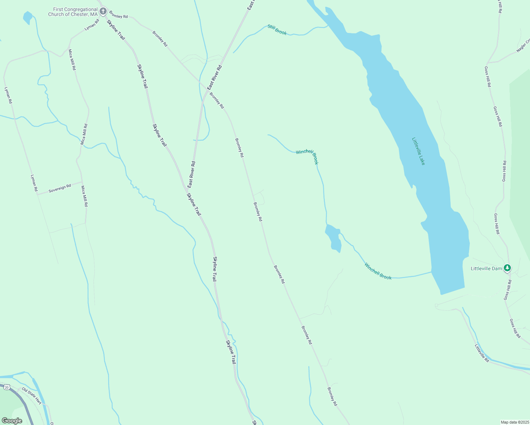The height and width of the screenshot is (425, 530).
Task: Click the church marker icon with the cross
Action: [x=103, y=11]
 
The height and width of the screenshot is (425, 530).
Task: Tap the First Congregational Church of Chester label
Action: [x=73, y=12]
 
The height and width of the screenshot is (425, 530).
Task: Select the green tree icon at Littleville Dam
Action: [x=507, y=268]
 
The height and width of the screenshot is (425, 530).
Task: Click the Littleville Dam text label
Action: [x=486, y=269]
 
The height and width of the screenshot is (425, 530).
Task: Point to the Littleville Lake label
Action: [x=418, y=151]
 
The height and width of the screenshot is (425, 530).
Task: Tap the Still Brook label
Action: [x=277, y=30]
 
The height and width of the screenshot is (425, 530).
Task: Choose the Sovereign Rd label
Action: [x=60, y=188]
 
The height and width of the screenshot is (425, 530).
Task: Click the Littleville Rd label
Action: [x=482, y=353]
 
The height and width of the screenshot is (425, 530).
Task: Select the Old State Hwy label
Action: [x=32, y=395]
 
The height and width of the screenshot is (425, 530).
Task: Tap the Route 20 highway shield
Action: [x=7, y=387]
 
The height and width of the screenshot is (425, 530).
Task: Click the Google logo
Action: [x=12, y=421]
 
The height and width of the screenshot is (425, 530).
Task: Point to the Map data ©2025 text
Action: [x=514, y=422]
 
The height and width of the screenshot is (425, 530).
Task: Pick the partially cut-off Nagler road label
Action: [x=523, y=46]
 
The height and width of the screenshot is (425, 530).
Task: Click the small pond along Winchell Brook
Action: [x=334, y=238]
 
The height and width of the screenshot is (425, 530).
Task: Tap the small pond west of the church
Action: [x=27, y=17]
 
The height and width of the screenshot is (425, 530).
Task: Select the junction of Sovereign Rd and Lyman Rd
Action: [x=37, y=194]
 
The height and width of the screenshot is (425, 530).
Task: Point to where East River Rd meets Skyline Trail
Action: [x=187, y=188]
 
